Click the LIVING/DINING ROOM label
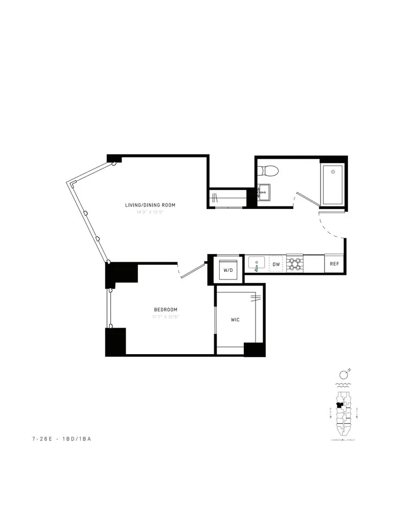point(150,205)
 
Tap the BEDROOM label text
point(166,310)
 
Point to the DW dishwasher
point(276,264)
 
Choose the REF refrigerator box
point(334,264)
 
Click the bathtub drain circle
point(333,171)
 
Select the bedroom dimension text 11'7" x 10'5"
point(166,317)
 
